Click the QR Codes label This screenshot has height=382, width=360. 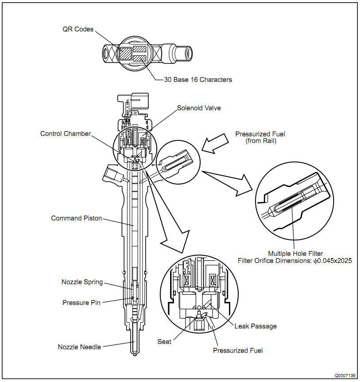coord(78,29)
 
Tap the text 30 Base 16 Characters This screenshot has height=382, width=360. coord(198,80)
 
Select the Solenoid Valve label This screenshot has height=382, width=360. coord(199,108)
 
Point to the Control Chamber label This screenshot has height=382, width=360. coord(66,134)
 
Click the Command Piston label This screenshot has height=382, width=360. coord(77,218)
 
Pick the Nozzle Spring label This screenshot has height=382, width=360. coord(82,282)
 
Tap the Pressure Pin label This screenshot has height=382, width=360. coord(81,303)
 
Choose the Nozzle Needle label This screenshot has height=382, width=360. coord(79,347)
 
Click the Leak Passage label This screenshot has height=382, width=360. coord(255,326)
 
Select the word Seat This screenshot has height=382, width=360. coord(164,342)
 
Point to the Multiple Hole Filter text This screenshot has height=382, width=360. coord(295,254)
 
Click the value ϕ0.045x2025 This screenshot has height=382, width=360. coord(333,261)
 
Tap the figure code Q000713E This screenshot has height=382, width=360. coord(345,376)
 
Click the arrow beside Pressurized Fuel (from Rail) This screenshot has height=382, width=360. coord(214,144)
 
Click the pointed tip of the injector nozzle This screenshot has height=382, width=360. coord(135,356)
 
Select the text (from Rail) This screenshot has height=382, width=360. coord(261,141)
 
